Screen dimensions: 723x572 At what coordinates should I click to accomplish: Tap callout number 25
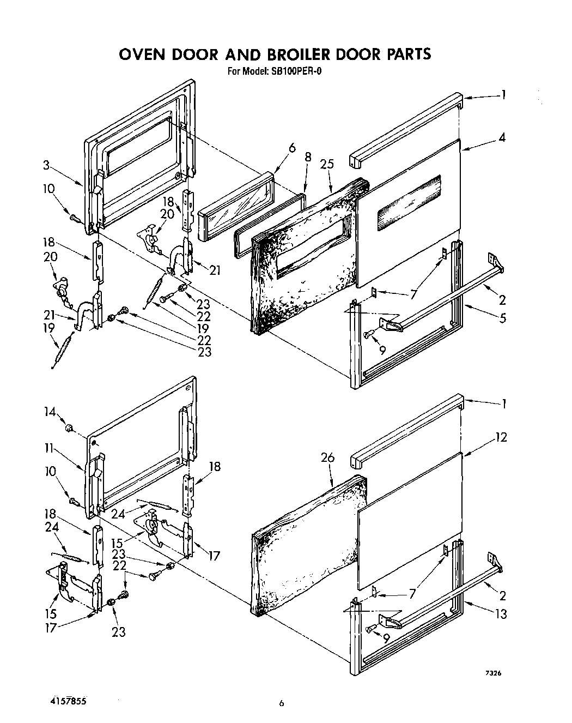(x=327, y=165)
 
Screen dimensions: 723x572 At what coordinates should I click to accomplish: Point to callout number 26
(x=327, y=457)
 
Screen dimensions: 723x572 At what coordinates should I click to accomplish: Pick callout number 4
(x=502, y=138)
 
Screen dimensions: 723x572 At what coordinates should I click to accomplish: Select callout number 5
(x=502, y=317)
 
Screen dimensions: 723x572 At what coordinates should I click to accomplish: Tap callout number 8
(x=308, y=157)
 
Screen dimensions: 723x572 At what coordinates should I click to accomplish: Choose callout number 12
(x=502, y=437)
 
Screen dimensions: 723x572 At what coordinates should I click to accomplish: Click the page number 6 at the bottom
(x=282, y=704)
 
